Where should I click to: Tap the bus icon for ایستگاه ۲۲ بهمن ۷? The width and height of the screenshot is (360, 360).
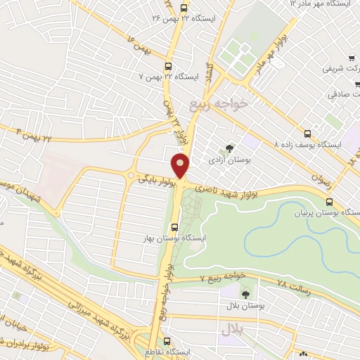167,67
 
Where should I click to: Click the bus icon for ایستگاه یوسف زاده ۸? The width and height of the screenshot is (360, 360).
307,134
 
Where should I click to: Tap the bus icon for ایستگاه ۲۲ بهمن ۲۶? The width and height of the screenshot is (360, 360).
184,7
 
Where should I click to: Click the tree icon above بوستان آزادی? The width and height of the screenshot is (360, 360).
229,148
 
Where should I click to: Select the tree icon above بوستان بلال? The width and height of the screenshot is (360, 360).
245,295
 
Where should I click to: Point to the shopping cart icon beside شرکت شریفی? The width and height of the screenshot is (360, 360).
351,58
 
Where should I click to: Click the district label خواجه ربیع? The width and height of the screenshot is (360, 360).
218,104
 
